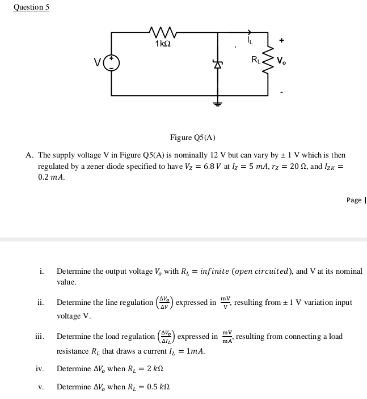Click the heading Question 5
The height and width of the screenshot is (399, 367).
[32, 7]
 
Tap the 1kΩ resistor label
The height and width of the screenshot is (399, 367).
[162, 44]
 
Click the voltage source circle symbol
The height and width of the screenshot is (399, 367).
[112, 63]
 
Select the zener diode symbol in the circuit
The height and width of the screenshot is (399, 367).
[217, 65]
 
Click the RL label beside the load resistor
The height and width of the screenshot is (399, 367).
[256, 58]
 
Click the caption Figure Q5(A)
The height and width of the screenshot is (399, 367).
[193, 138]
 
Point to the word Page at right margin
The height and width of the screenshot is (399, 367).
[354, 199]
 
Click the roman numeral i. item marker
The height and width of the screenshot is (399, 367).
[42, 271]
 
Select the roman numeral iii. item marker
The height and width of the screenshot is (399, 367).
[40, 337]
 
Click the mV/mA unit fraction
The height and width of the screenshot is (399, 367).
[227, 337]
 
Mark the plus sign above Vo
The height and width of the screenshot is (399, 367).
[281, 40]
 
